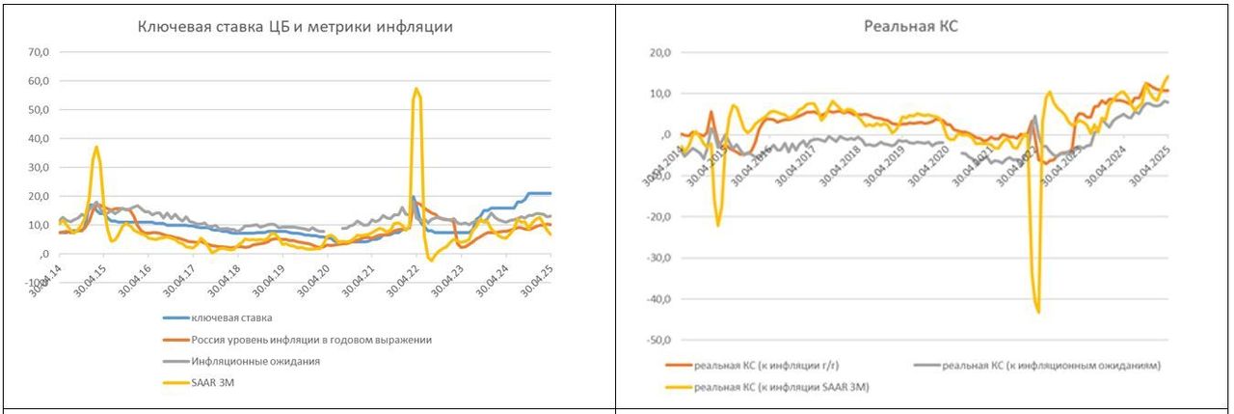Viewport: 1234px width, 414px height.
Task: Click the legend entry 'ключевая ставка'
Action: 231,317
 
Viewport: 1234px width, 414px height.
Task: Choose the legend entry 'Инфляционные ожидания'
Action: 255,361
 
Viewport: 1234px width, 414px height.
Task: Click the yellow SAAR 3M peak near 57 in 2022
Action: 416,89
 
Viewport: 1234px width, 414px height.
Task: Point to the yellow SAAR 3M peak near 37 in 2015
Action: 96,148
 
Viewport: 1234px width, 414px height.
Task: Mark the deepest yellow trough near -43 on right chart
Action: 1037,312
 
